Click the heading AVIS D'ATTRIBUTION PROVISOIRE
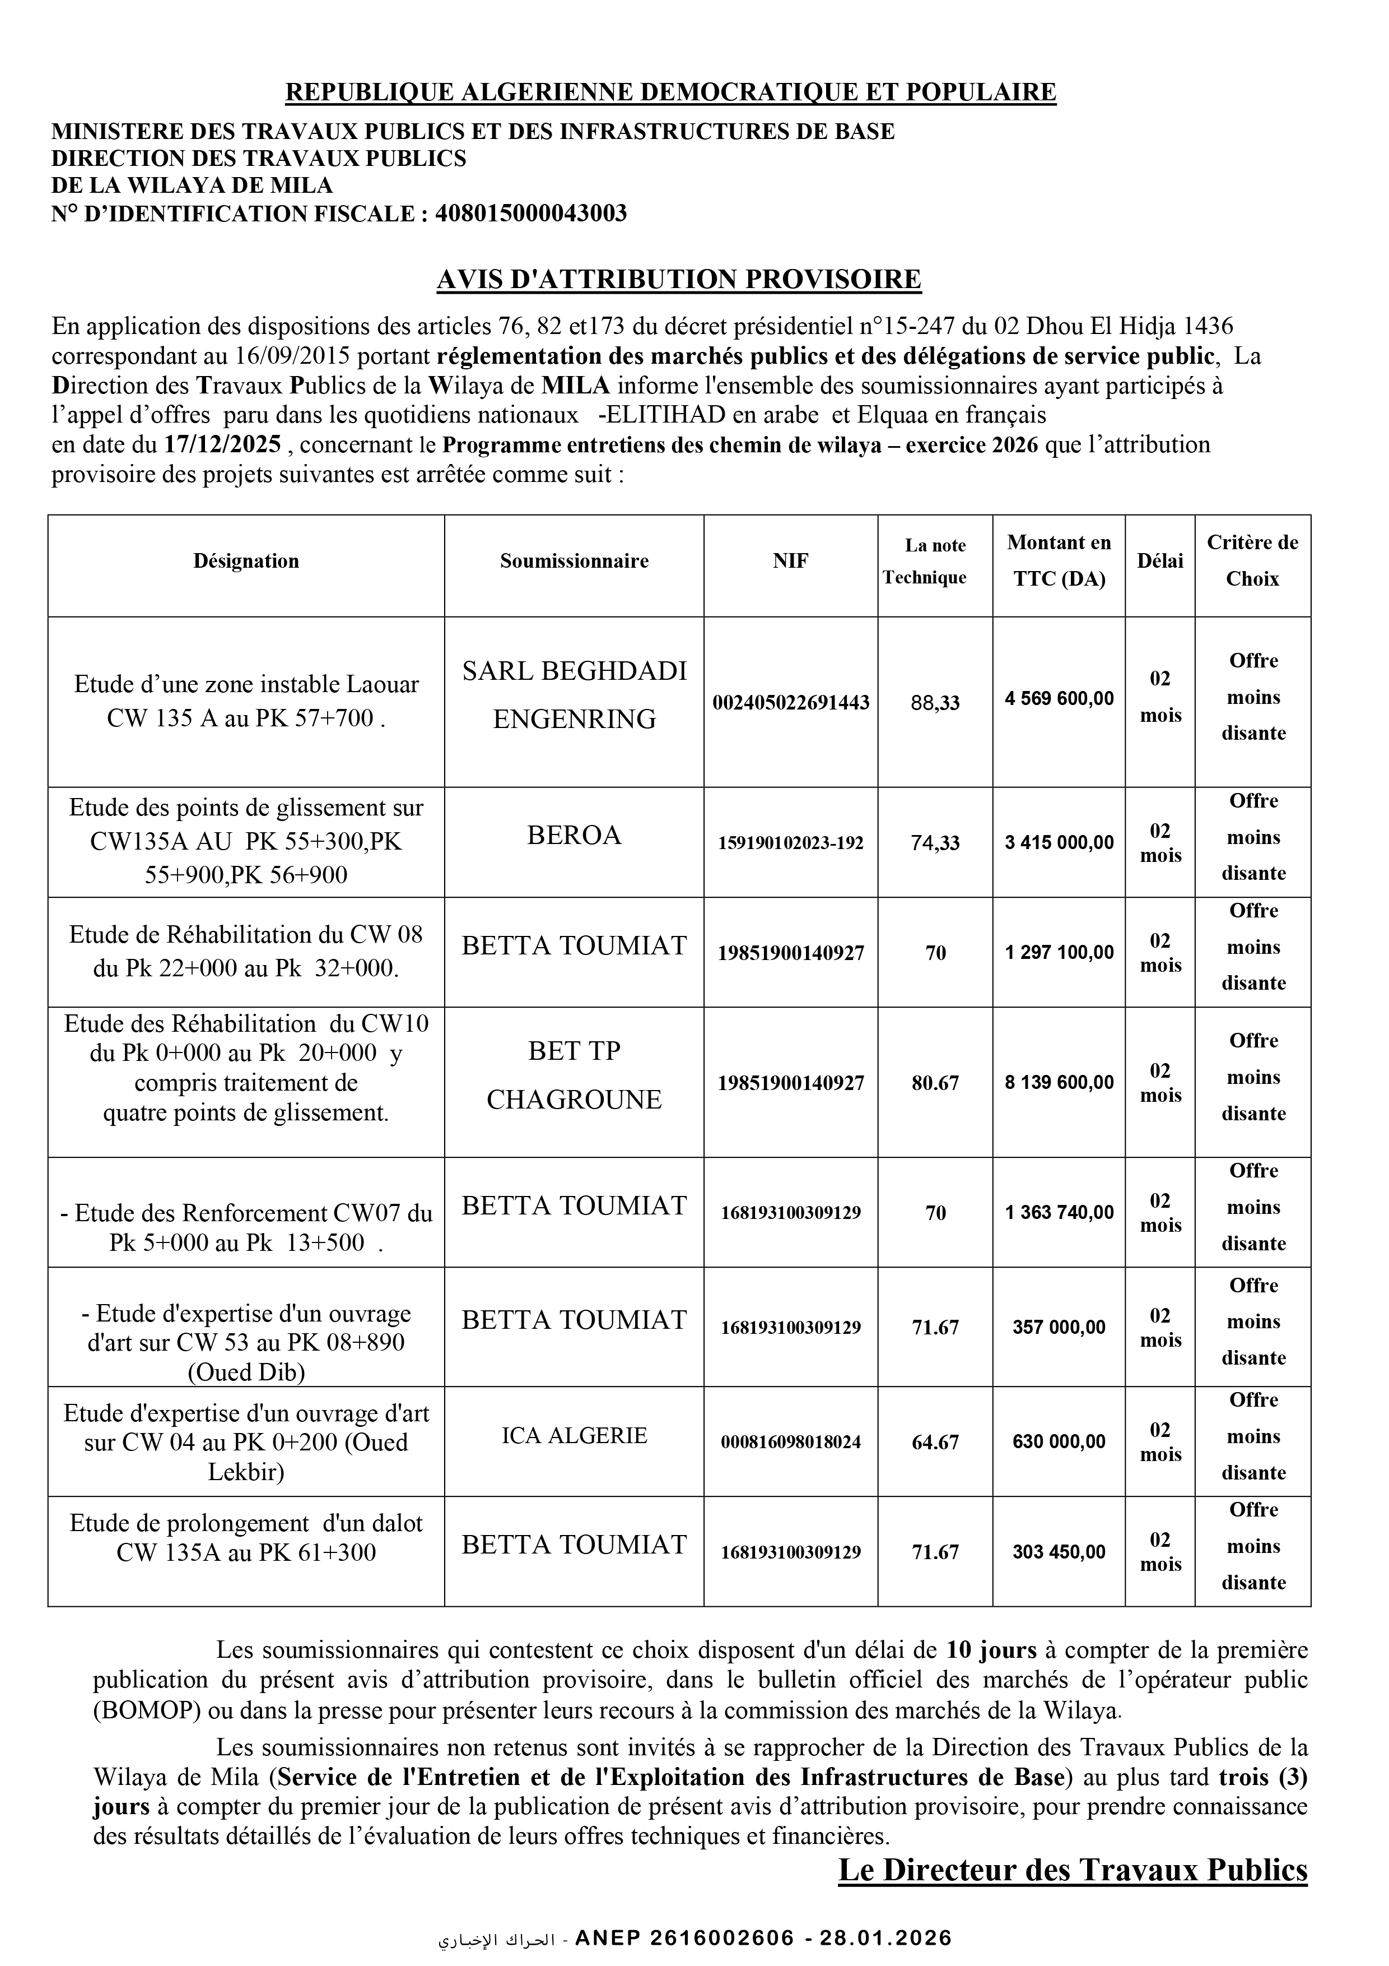click(x=679, y=280)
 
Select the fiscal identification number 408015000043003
click(x=530, y=213)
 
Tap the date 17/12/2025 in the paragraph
click(x=222, y=445)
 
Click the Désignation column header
click(x=246, y=562)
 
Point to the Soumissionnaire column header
click(x=574, y=562)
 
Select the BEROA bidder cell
click(x=574, y=836)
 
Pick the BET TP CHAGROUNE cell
click(x=574, y=1075)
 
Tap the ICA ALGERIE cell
click(x=574, y=1436)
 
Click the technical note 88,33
click(x=935, y=703)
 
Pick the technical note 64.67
click(x=935, y=1442)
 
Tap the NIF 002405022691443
click(x=791, y=703)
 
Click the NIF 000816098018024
click(x=791, y=1442)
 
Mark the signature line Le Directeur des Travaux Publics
click(x=1073, y=1870)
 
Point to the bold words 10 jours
click(x=991, y=1650)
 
